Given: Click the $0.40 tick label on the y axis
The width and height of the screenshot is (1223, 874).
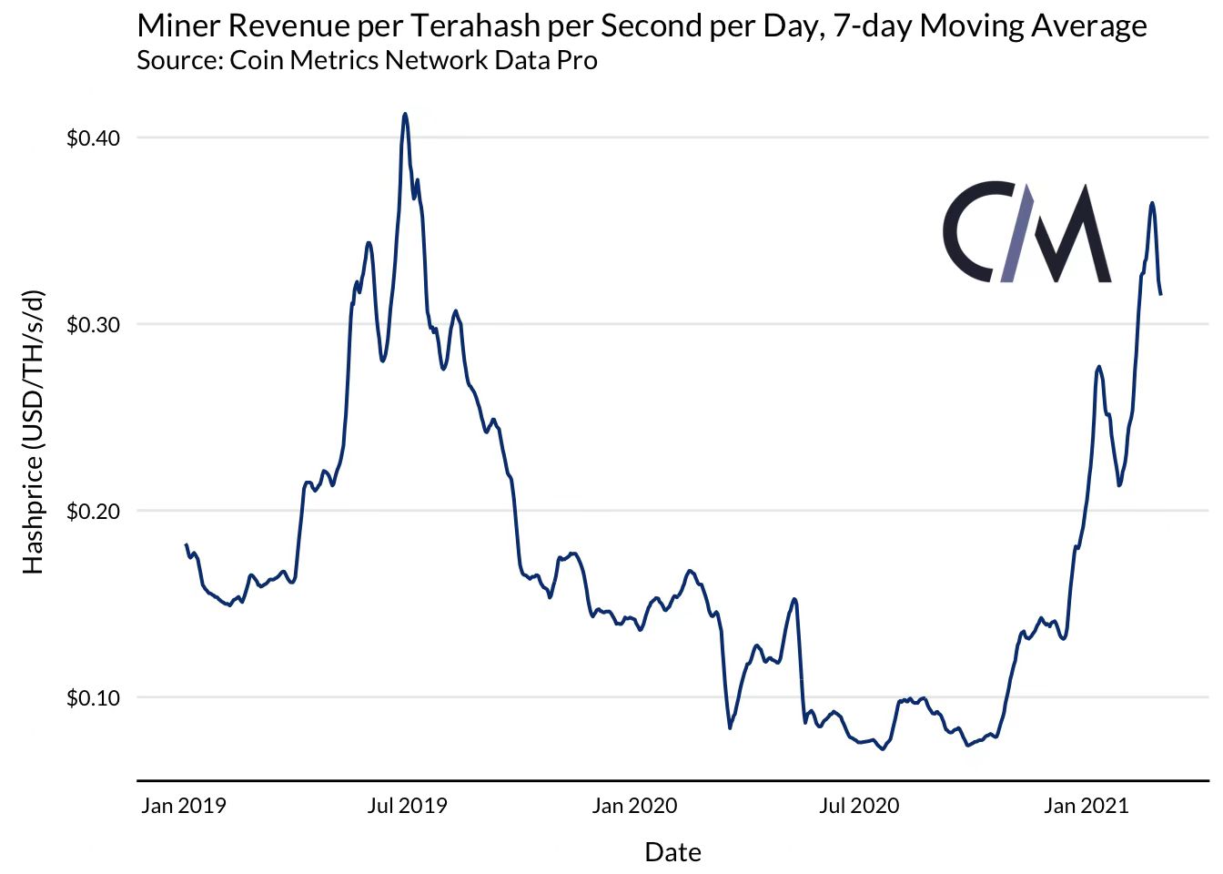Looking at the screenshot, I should coord(93,138).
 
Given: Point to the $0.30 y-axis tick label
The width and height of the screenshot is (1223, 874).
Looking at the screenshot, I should coord(93,325).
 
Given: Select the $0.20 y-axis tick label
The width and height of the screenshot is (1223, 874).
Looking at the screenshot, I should coord(93,512).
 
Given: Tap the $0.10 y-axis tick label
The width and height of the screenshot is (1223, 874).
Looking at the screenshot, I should coord(93,698).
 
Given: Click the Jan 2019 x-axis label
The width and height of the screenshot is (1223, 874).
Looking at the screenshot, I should coord(183,806).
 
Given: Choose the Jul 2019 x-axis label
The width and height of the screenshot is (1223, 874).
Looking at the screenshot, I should coord(407,806).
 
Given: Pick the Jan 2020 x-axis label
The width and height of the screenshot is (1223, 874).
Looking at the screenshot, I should coord(634,806).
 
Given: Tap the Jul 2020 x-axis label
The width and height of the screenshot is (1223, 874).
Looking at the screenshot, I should coord(858,806).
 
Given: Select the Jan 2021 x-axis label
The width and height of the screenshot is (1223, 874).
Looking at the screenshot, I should coord(1086,806).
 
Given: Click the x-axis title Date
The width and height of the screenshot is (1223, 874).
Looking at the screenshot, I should coord(672,852).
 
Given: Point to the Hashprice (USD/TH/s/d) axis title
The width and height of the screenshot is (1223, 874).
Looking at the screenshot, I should coord(33,432).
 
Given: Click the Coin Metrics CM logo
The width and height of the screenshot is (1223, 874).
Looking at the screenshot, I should coord(1026,233).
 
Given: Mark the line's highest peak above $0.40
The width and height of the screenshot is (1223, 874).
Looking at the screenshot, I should coord(405,115).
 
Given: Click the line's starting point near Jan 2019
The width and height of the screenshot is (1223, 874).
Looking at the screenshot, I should coord(186,544).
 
